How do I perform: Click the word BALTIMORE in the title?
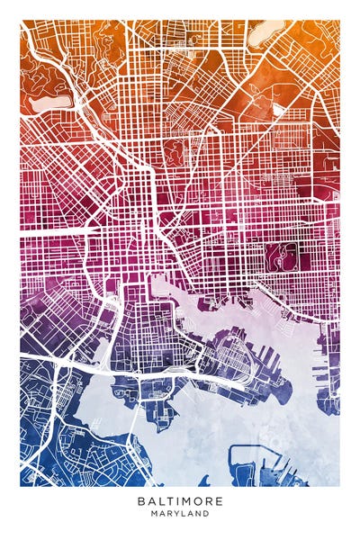180,500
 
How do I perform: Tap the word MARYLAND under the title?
180,514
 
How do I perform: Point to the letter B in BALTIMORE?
142,500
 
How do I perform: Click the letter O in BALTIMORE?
199,500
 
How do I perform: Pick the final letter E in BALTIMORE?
219,500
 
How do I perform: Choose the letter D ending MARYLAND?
206,514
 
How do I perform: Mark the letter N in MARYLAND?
198,514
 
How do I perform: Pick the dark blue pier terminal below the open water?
252,464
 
